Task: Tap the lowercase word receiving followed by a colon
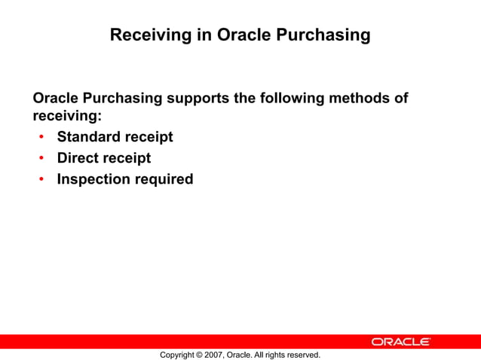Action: click(66, 117)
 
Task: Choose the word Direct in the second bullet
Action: click(78, 158)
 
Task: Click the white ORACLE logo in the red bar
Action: click(400, 342)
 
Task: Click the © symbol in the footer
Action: click(199, 354)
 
